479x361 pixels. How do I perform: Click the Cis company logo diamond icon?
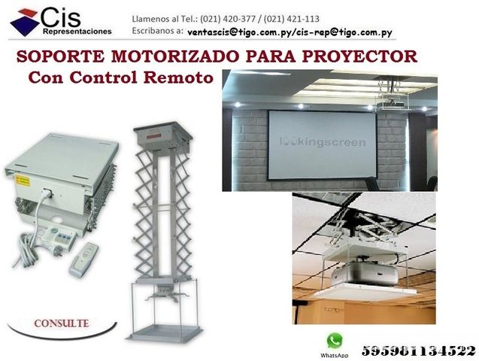click(x=25, y=23)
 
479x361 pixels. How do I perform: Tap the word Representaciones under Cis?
click(x=77, y=32)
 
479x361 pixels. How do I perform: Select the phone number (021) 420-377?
click(x=228, y=20)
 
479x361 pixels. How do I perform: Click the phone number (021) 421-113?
click(x=292, y=20)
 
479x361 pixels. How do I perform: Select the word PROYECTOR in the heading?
click(x=359, y=56)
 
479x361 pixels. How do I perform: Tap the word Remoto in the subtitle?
click(x=178, y=77)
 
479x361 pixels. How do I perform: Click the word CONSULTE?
click(x=62, y=323)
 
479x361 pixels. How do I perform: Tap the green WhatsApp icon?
click(x=335, y=341)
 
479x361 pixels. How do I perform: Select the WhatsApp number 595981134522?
click(x=419, y=350)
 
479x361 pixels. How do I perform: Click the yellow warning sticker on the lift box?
click(x=22, y=180)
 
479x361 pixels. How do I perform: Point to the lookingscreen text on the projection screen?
click(x=323, y=142)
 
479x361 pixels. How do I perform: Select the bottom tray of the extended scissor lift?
click(x=165, y=333)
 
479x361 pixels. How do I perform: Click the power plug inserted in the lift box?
click(x=47, y=193)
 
